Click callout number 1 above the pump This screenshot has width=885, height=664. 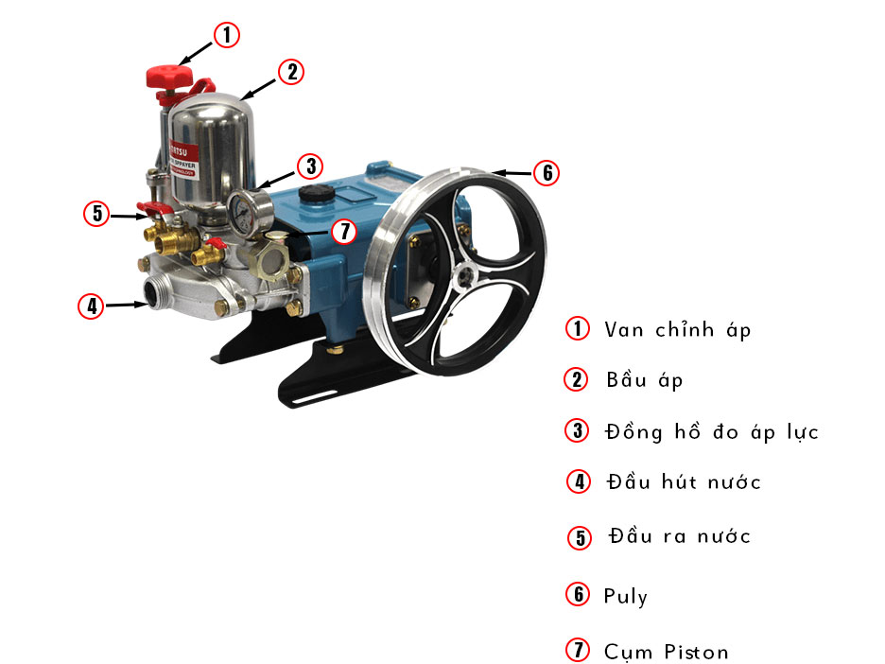pyautogui.click(x=225, y=36)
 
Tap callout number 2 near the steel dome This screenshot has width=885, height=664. pyautogui.click(x=291, y=71)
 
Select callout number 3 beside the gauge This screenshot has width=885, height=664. pyautogui.click(x=309, y=166)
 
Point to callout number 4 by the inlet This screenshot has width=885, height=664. pyautogui.click(x=91, y=306)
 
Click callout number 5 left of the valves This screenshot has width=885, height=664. pyautogui.click(x=97, y=214)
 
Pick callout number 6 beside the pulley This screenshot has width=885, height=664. pyautogui.click(x=547, y=173)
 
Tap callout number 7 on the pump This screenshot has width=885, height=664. pyautogui.click(x=344, y=230)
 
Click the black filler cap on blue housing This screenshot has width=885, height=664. pyautogui.click(x=310, y=196)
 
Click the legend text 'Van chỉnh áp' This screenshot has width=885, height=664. pyautogui.click(x=677, y=329)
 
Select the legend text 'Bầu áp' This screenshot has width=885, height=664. pyautogui.click(x=644, y=380)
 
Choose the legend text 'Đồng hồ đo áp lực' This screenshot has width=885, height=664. pyautogui.click(x=711, y=431)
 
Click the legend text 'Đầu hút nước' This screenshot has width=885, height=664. pyautogui.click(x=683, y=482)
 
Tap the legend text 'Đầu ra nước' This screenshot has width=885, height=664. pyautogui.click(x=680, y=536)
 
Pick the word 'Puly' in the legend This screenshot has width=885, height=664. pyautogui.click(x=626, y=596)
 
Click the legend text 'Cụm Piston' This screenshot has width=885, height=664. pyautogui.click(x=666, y=652)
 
